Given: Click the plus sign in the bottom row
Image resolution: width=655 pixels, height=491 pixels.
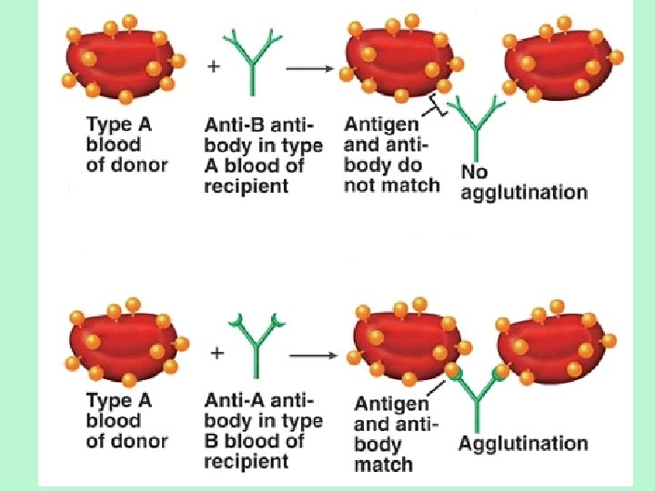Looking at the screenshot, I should click(x=217, y=355).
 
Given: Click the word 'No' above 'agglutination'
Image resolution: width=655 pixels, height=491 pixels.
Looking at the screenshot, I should click(x=475, y=172).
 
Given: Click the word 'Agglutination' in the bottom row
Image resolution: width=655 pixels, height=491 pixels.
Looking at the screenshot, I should click(x=523, y=444).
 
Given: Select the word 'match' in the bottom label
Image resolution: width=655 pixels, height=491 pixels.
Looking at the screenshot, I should click(x=383, y=465).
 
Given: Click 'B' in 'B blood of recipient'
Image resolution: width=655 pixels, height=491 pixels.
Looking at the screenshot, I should click(x=212, y=441).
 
